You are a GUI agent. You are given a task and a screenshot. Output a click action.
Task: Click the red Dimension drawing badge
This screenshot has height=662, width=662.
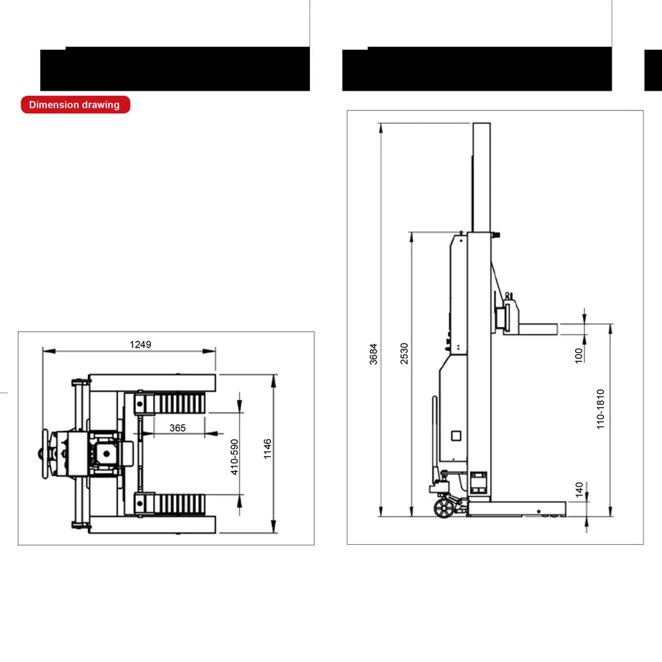pos(75,105)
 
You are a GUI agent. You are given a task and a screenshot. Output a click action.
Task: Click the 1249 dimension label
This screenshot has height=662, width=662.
pos(140,344)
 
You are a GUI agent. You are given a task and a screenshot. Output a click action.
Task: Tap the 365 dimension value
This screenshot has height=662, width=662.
pos(177,428)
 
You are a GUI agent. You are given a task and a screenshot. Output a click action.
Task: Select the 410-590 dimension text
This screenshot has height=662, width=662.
pos(234,457)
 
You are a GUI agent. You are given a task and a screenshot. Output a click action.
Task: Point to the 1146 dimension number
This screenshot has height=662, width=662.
pos(267,449)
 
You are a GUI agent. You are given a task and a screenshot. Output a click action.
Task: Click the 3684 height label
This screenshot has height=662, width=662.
pos(373,354)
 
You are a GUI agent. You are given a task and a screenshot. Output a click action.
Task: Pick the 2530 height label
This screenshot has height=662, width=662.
pos(404,354)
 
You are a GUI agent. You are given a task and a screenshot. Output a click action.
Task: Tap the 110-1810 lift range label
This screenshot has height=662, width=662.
pos(600,409)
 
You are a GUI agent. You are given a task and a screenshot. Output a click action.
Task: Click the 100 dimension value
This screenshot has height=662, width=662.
pos(579,355)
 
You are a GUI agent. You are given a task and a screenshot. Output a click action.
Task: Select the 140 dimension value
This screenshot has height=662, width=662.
pos(579,489)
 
